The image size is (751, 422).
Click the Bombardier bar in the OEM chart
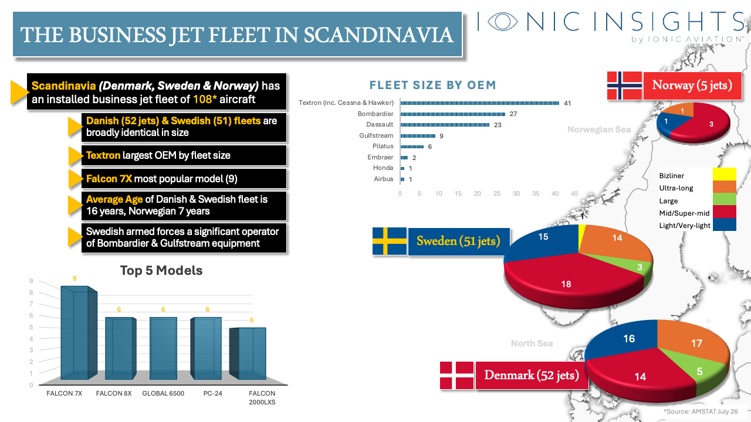[452, 114]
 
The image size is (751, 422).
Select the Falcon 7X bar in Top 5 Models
[79, 332]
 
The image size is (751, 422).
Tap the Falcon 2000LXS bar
[248, 353]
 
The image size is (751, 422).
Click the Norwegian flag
[624, 86]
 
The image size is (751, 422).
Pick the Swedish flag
[389, 241]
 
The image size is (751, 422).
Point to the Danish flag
[456, 376]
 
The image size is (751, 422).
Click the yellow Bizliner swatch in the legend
[724, 174]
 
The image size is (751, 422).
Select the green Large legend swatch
[724, 199]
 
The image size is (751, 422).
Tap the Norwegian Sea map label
[599, 130]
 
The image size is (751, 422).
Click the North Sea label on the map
[532, 343]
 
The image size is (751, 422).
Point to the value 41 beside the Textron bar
[567, 103]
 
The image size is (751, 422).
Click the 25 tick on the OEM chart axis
[497, 193]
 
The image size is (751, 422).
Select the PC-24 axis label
[212, 393]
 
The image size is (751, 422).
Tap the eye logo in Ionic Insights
[502, 21]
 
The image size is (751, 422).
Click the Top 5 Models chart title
[161, 271]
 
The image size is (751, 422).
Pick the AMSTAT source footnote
[701, 411]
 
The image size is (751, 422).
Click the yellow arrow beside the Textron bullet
[76, 156]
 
